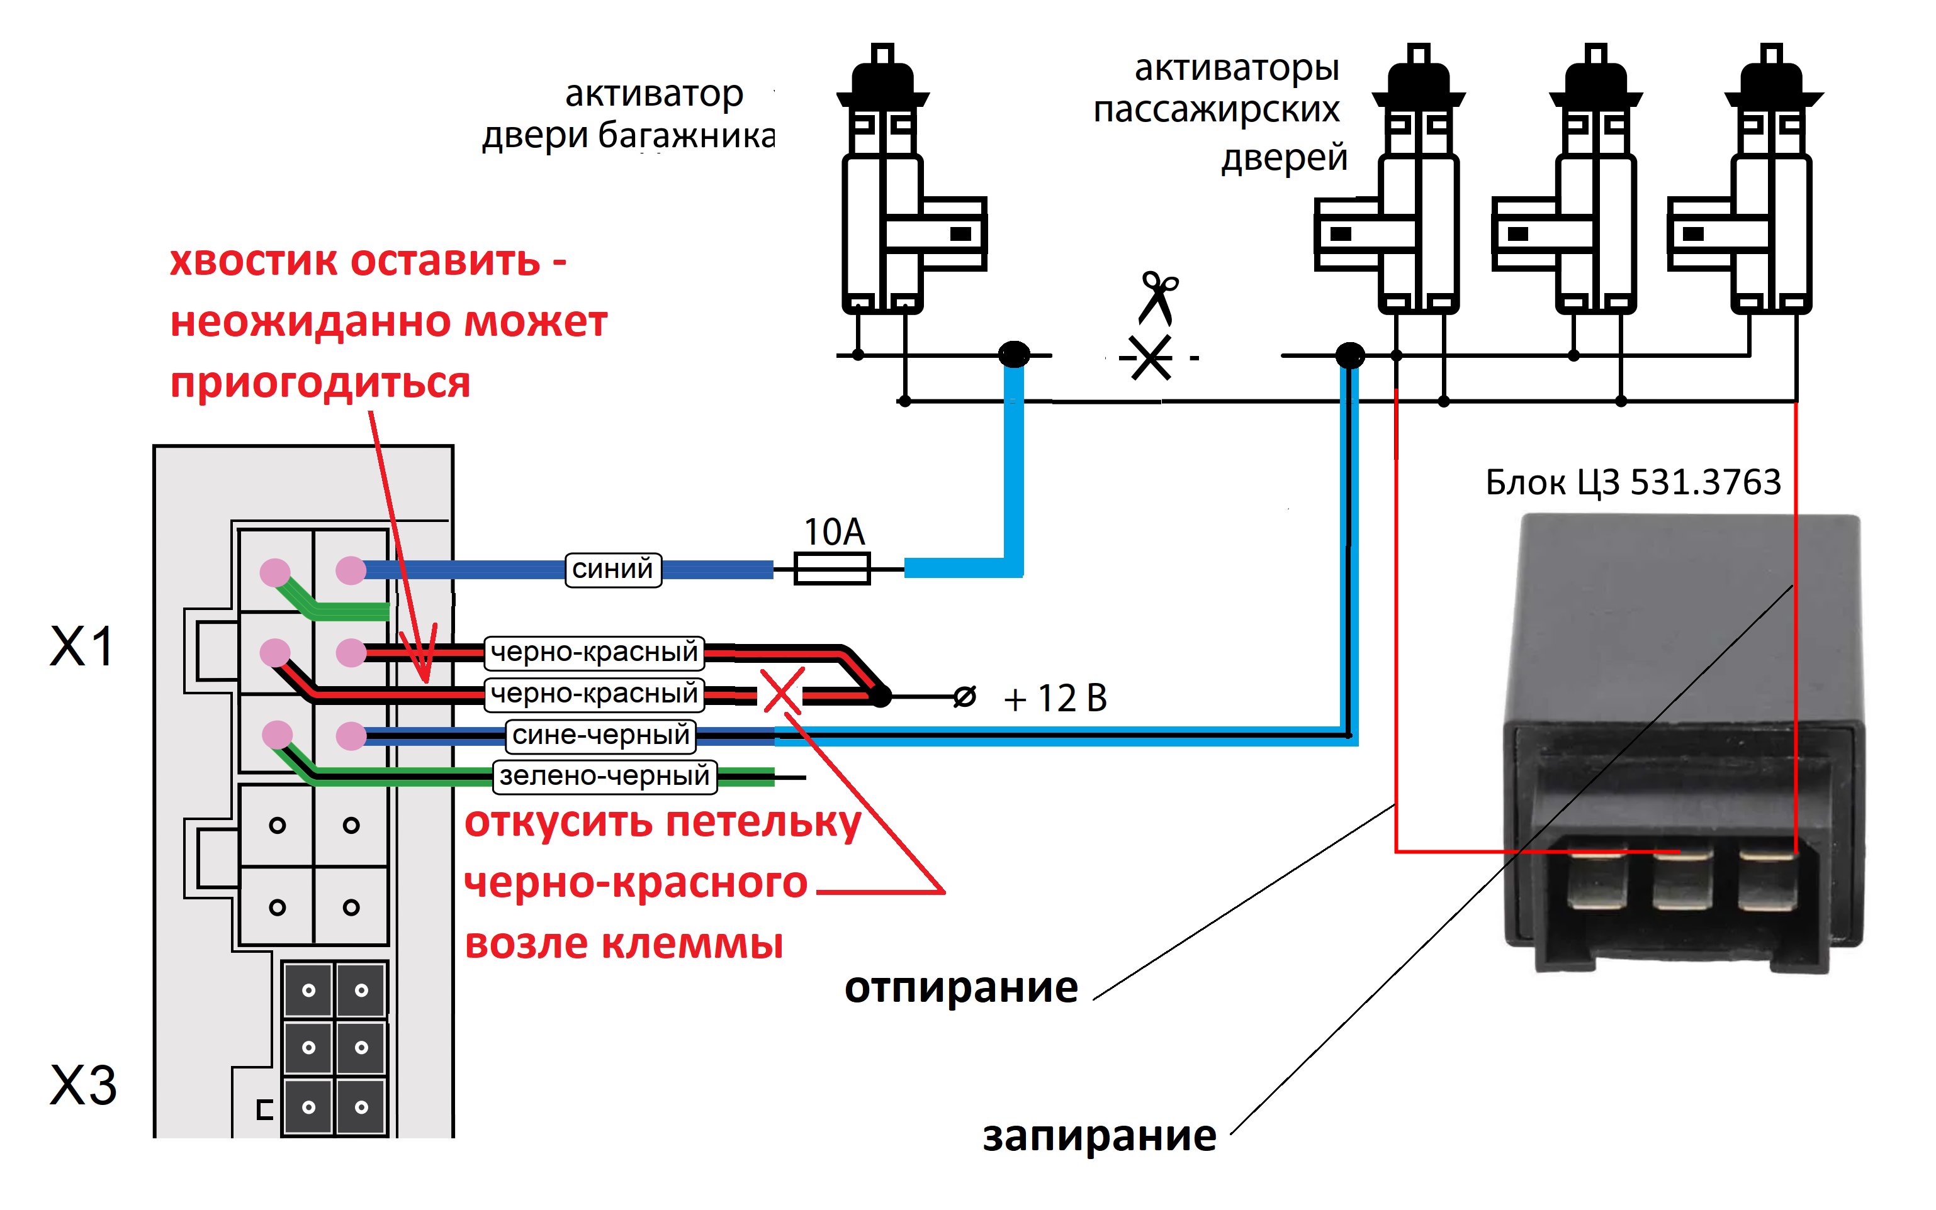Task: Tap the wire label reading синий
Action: point(612,570)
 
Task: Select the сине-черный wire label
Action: point(600,735)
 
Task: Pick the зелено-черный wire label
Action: point(604,775)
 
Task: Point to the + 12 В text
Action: point(1055,698)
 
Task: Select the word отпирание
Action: point(961,987)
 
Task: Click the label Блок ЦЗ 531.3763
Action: point(1633,482)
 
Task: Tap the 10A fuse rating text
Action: point(835,531)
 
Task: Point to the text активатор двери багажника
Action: point(629,114)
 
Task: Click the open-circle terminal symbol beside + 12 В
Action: point(965,697)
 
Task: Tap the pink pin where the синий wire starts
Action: point(351,570)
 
